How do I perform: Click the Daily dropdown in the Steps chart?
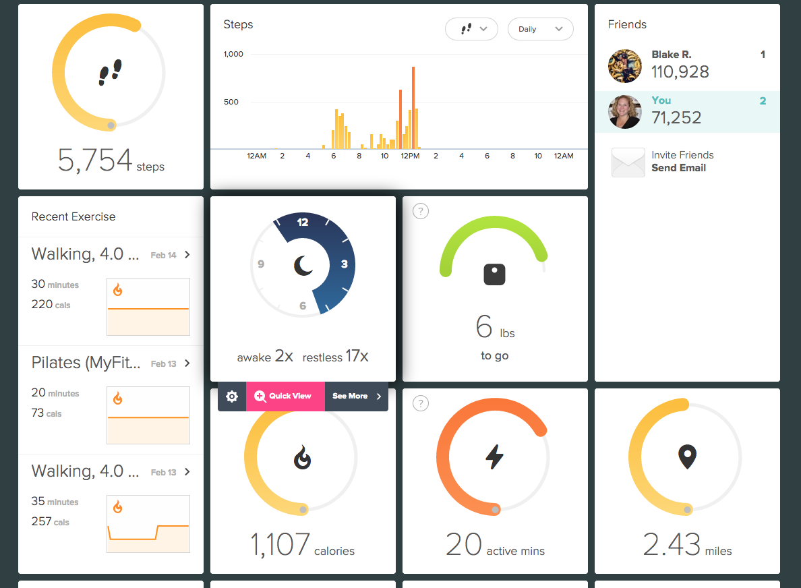point(540,29)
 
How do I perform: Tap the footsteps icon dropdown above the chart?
point(471,29)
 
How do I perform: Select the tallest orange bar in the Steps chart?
point(413,108)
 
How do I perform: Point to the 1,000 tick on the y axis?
point(233,54)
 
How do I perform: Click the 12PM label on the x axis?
point(410,156)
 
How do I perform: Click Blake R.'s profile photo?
point(625,66)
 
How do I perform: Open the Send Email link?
point(678,168)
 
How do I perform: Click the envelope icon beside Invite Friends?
point(628,163)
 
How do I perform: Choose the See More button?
point(356,396)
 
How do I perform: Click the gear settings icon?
point(232,396)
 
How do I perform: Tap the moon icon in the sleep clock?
point(303,266)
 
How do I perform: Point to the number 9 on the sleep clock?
point(261,264)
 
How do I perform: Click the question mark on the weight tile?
point(420,212)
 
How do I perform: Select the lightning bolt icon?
point(494,457)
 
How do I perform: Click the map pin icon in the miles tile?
point(686,457)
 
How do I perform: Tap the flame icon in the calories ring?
point(303,459)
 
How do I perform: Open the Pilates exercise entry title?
point(86,363)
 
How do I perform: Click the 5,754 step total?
point(95,160)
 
